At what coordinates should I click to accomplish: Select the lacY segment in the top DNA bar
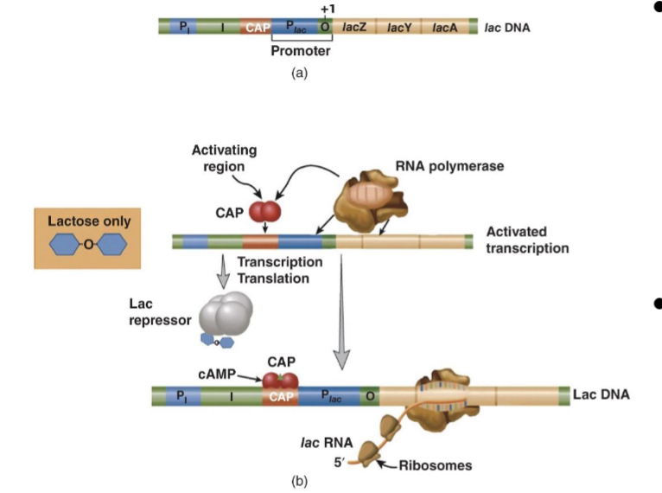click(399, 27)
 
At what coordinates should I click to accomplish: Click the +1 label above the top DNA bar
click(327, 9)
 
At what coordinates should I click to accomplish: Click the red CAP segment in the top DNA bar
click(258, 27)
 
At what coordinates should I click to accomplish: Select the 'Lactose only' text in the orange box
click(83, 221)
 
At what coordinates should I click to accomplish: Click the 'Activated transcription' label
click(527, 240)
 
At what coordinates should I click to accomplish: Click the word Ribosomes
click(436, 465)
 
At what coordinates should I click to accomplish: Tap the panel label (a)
click(300, 74)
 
